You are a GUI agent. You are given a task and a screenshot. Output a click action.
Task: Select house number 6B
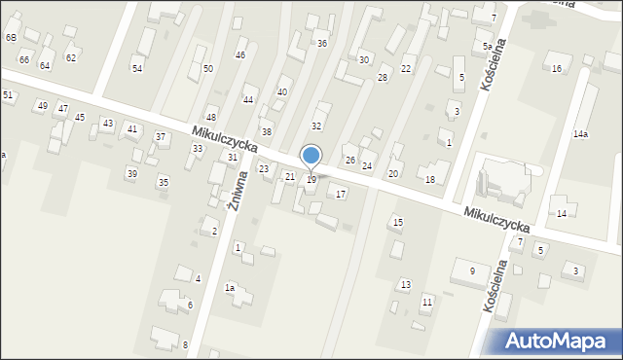[x=11, y=37]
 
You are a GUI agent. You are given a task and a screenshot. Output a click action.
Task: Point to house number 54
[x=137, y=68]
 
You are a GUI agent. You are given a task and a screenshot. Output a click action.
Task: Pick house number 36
[x=322, y=44]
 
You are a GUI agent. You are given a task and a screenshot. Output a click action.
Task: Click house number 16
[x=557, y=69]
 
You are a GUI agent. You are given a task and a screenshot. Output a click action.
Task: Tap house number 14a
[x=580, y=133]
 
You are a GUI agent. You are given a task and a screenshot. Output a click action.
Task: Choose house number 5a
[x=487, y=46]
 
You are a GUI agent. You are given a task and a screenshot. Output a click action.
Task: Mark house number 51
[x=8, y=95]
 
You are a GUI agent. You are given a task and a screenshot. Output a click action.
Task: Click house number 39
[x=132, y=173]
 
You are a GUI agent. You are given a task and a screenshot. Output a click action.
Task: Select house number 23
[x=263, y=169]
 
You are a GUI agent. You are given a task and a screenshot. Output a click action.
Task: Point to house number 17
[x=341, y=195]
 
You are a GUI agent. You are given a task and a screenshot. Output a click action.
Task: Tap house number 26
[x=350, y=161]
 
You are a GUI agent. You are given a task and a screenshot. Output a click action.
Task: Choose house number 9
[x=472, y=270]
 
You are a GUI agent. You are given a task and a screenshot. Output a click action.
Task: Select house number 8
[x=185, y=344]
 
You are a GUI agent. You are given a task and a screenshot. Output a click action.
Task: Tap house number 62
[x=70, y=58]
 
